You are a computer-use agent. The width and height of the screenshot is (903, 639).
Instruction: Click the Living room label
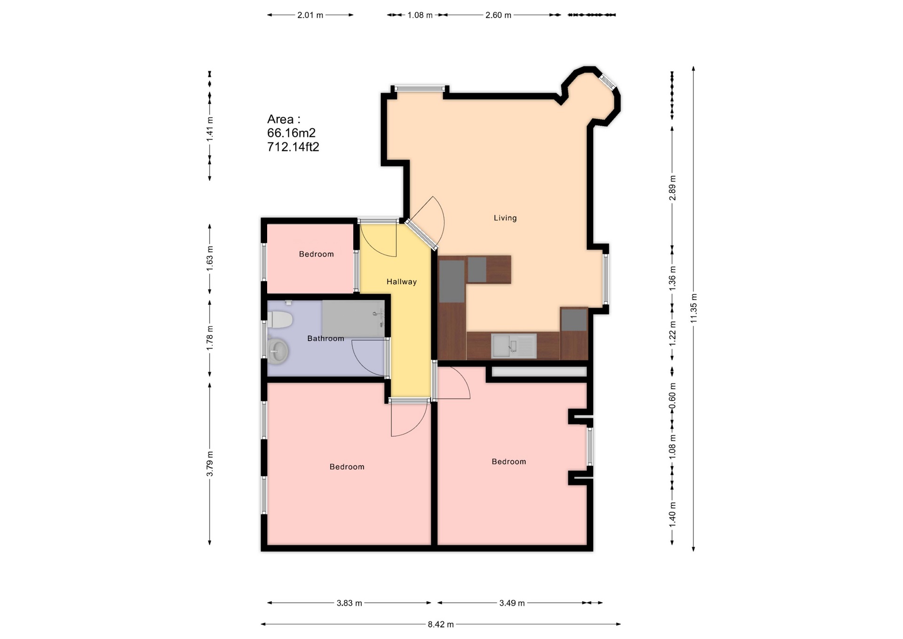click(505, 218)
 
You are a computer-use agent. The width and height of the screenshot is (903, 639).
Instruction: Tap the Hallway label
click(401, 282)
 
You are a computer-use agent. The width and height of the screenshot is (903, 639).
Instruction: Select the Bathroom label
click(325, 338)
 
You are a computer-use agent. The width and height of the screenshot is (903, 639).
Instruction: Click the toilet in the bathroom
click(280, 319)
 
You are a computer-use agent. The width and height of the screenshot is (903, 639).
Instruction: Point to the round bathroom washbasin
click(278, 351)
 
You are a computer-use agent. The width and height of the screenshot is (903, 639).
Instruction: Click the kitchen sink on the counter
click(514, 346)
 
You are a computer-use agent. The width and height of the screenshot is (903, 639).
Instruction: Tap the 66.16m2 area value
click(291, 133)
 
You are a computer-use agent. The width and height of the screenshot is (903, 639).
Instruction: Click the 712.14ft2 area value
click(293, 147)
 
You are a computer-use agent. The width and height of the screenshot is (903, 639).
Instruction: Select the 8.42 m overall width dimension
click(441, 624)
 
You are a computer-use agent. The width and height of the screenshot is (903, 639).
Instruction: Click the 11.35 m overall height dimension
click(694, 308)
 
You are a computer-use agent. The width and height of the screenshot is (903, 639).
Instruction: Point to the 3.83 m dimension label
click(349, 603)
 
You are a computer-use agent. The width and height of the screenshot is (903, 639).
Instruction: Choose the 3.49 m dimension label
click(512, 603)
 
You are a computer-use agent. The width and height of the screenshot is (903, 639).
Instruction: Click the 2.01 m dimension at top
click(310, 15)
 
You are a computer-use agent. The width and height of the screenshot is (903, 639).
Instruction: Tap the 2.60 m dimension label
click(498, 15)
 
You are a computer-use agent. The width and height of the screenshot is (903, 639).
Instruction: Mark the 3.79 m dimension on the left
click(210, 463)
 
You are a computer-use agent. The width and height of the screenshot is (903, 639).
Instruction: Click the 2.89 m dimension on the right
click(673, 187)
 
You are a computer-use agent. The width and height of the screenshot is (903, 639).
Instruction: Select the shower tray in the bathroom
click(353, 319)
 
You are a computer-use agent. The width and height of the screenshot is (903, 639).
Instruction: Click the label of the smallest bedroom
click(316, 254)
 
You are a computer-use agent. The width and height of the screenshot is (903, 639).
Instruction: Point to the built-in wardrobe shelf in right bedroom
click(539, 372)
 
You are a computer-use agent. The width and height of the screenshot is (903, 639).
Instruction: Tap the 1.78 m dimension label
click(210, 337)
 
